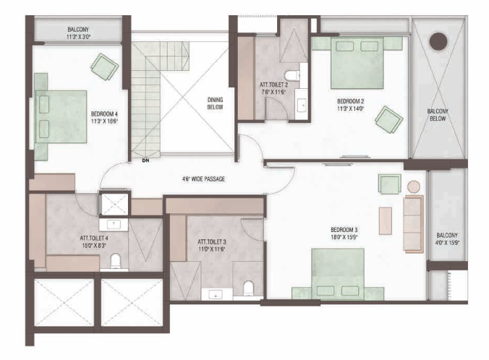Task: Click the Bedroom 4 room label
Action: point(104,113)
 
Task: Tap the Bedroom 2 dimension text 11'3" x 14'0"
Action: point(351,108)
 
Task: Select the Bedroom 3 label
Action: point(344,230)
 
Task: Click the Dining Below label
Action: point(215,103)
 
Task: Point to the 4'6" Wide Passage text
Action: point(203,179)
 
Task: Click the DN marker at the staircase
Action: point(145,160)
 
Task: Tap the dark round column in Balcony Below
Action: point(438,41)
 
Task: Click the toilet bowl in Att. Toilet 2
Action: point(292,76)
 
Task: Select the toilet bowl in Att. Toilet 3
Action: point(248,288)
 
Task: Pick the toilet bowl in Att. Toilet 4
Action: point(116,261)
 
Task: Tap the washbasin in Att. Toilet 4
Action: point(114,223)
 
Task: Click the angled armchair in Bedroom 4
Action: point(104,67)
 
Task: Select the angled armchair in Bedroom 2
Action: point(389,119)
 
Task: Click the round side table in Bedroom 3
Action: point(414,187)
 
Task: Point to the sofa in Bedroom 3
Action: point(414,224)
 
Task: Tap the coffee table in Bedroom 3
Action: point(386,220)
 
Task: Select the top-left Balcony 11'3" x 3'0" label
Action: point(78,33)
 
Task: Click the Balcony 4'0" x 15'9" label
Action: point(447,239)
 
